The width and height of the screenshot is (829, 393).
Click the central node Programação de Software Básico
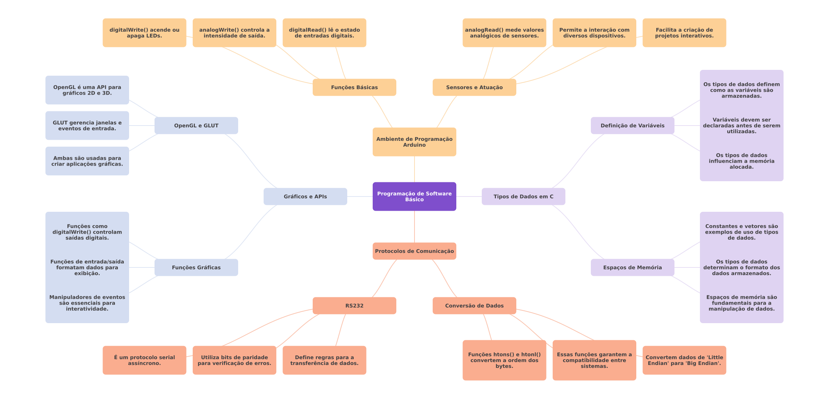click(x=414, y=196)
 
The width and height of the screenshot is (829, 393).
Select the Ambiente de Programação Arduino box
click(x=414, y=142)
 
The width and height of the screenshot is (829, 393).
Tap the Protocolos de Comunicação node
click(x=414, y=251)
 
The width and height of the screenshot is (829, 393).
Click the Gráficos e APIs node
click(x=305, y=196)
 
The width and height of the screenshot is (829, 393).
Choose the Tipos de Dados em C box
click(x=523, y=196)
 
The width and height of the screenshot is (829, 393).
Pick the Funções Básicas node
click(x=354, y=87)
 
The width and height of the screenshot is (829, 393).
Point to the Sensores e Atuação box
click(x=474, y=87)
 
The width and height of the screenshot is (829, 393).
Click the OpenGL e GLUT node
click(x=196, y=126)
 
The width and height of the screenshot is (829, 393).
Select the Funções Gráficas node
click(x=196, y=267)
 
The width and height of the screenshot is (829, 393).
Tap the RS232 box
click(x=354, y=306)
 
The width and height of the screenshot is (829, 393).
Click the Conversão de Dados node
click(x=474, y=306)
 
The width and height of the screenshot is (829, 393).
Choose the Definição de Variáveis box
click(x=632, y=126)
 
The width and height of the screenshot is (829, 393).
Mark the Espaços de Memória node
click(x=632, y=267)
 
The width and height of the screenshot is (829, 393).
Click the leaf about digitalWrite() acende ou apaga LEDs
click(x=144, y=33)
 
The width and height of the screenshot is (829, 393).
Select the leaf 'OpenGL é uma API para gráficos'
click(x=87, y=90)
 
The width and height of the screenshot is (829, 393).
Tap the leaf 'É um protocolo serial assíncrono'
click(x=144, y=360)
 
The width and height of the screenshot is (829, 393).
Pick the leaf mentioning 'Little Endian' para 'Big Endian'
click(x=684, y=360)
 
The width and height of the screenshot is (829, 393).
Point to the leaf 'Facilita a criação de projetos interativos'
click(x=684, y=33)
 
